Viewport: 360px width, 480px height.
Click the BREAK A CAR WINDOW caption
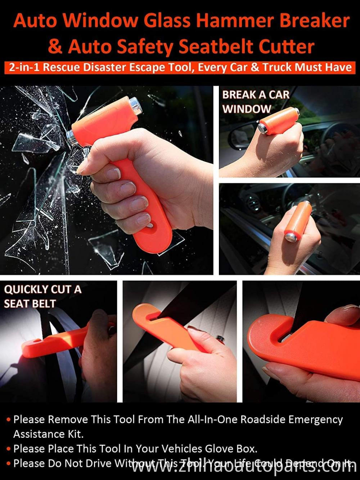[255, 102]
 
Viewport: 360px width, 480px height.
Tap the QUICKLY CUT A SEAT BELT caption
[42, 296]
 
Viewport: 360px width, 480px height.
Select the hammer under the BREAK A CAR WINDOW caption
[277, 121]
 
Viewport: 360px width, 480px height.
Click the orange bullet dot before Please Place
[8, 449]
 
